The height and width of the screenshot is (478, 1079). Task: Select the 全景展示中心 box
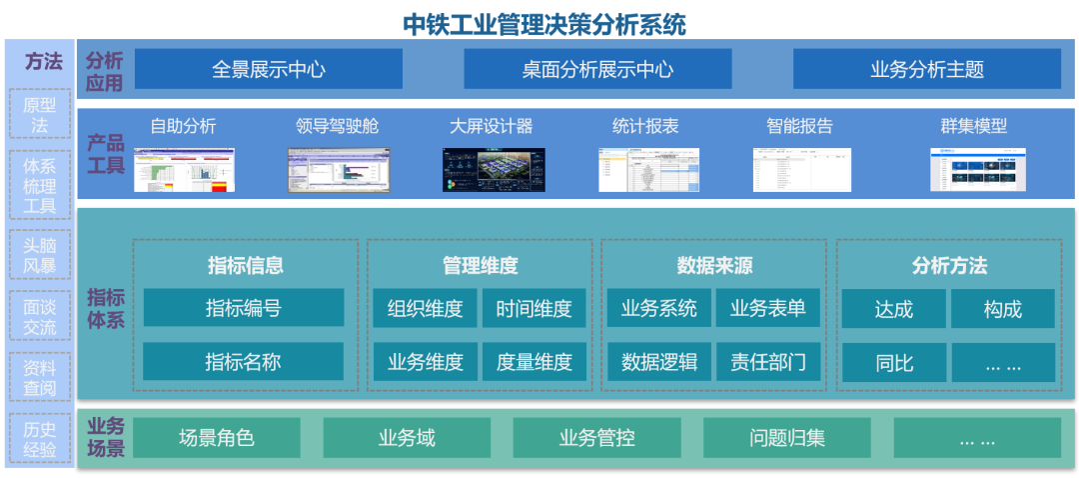pyautogui.click(x=269, y=69)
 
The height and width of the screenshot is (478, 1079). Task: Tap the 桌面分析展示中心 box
pyautogui.click(x=597, y=69)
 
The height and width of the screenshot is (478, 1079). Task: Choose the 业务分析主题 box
pyautogui.click(x=926, y=69)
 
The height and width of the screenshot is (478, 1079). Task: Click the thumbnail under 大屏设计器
pyautogui.click(x=493, y=170)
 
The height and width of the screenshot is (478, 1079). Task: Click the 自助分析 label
pyautogui.click(x=183, y=126)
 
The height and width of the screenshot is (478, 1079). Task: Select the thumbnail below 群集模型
pyautogui.click(x=977, y=170)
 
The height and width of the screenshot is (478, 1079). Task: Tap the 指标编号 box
pyautogui.click(x=243, y=308)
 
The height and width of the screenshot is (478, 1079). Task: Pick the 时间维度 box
pyautogui.click(x=535, y=308)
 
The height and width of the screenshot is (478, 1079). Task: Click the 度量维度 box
pyautogui.click(x=535, y=362)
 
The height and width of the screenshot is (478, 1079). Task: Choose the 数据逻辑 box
pyautogui.click(x=659, y=362)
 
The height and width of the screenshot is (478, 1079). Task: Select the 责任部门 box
pyautogui.click(x=767, y=362)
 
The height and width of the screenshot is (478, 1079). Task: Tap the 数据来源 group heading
pyautogui.click(x=713, y=265)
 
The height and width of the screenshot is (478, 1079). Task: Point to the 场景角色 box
pyautogui.click(x=217, y=438)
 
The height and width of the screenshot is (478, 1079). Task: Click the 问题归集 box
pyautogui.click(x=787, y=438)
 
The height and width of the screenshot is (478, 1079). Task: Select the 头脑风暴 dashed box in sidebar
pyautogui.click(x=40, y=255)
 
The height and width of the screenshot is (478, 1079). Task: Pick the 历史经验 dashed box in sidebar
pyautogui.click(x=40, y=439)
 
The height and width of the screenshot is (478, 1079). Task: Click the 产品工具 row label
pyautogui.click(x=105, y=154)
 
